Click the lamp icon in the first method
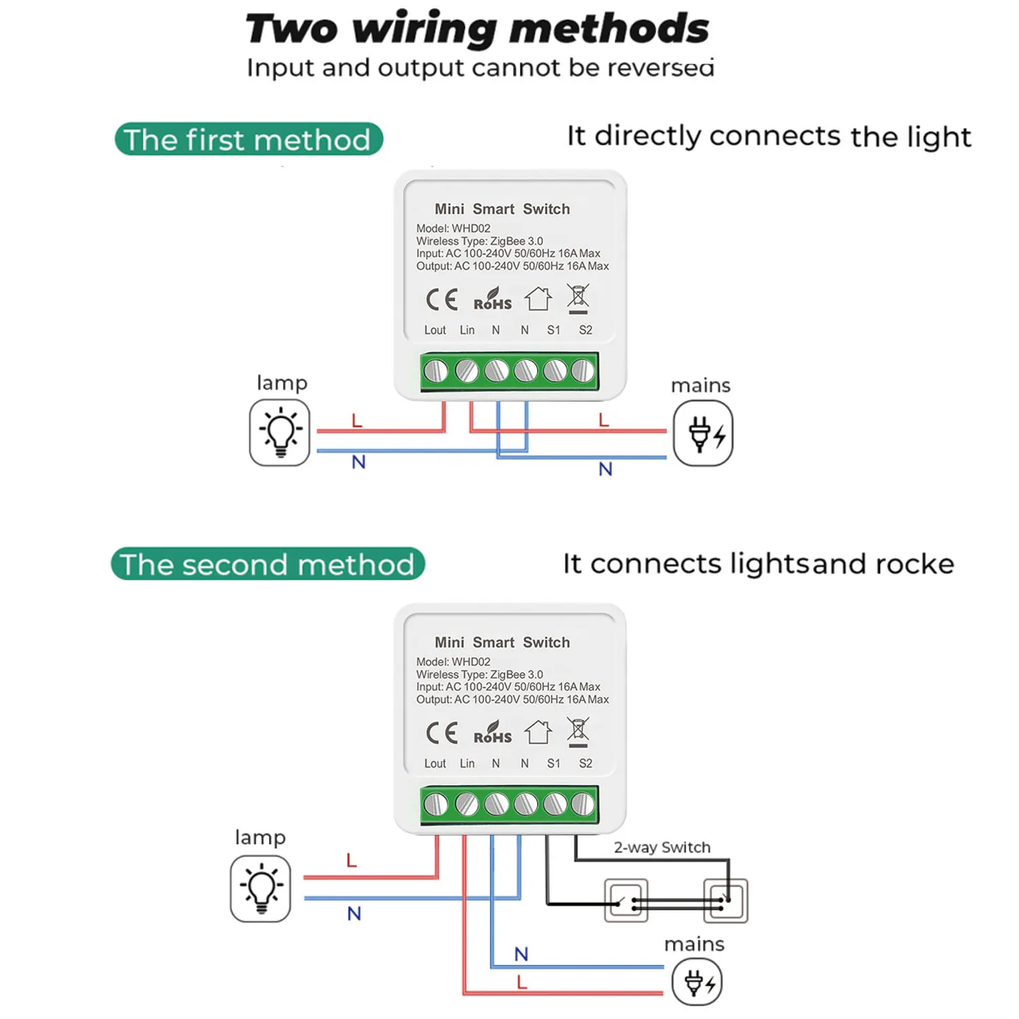[279, 432]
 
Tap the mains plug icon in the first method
[703, 433]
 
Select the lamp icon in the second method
[260, 889]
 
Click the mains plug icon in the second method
[697, 982]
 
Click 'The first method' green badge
[249, 139]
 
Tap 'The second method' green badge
[268, 564]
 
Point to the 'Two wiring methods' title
[478, 29]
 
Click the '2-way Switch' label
[662, 847]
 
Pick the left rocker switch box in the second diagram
[626, 901]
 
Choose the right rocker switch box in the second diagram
[726, 901]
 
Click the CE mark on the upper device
[442, 300]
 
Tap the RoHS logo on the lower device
[493, 733]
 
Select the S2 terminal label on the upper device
[586, 330]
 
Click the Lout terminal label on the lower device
[435, 764]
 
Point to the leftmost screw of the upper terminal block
[435, 371]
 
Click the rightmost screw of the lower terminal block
[583, 804]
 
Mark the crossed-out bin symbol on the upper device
[578, 300]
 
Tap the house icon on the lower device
[538, 732]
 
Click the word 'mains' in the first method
[700, 386]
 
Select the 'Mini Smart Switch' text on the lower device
[502, 642]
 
